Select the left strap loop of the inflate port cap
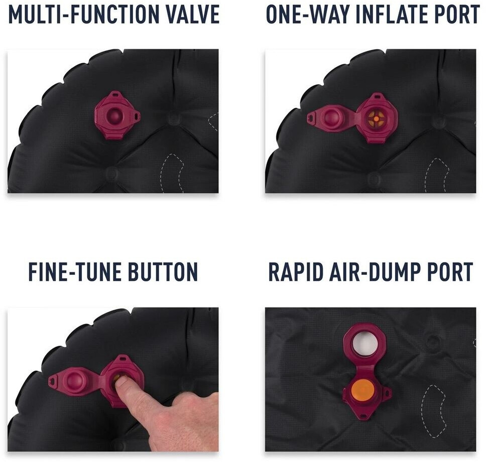pyautogui.click(x=311, y=118)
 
